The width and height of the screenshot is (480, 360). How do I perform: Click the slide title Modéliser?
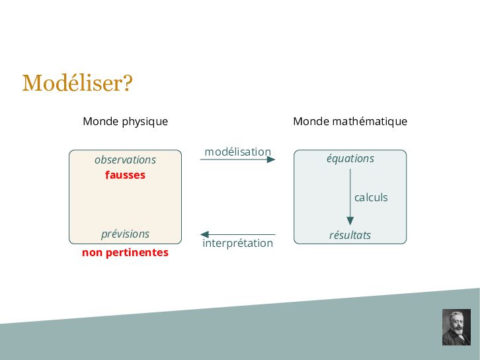point(77,83)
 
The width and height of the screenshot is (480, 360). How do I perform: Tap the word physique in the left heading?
point(145,122)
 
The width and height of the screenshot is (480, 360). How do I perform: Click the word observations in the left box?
point(125,159)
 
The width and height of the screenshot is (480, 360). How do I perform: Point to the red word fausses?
point(125,175)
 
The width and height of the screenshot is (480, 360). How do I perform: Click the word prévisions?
point(125,234)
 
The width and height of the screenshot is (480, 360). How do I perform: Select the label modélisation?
point(237,152)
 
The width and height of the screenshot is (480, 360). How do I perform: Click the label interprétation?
point(237,244)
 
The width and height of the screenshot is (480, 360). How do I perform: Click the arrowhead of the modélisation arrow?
point(271,159)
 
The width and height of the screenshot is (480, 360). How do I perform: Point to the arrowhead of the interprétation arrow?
point(204,234)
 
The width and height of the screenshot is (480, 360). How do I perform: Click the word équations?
point(350,159)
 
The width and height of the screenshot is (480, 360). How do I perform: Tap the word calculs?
point(371,197)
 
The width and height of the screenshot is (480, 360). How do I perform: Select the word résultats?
point(350,236)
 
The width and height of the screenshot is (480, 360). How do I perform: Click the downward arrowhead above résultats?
point(350,220)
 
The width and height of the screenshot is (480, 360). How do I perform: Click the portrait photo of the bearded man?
point(456,327)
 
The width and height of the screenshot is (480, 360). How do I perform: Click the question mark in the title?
point(128,83)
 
